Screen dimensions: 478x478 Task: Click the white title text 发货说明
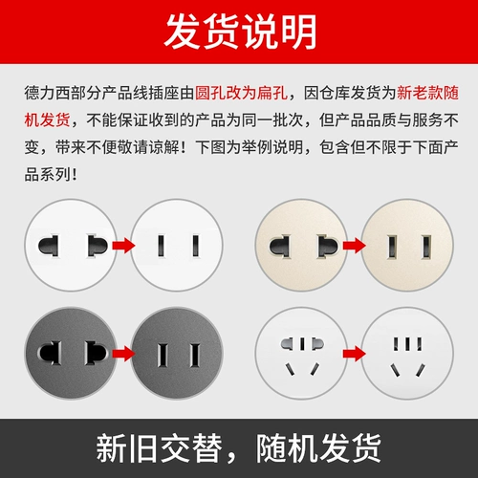[239, 33]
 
